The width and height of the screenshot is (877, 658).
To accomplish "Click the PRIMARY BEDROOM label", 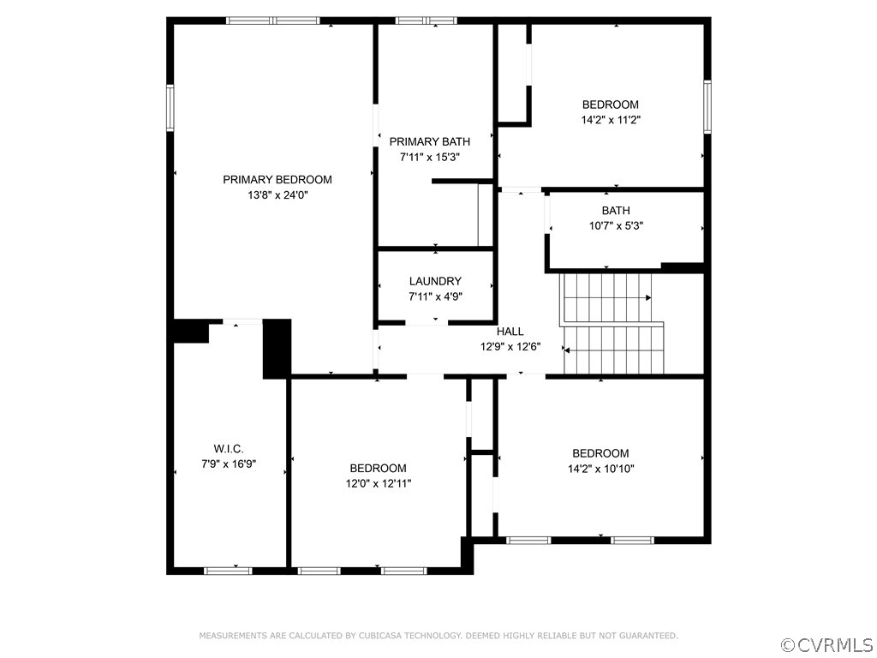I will (277, 180).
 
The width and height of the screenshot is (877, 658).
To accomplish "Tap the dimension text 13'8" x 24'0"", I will (277, 195).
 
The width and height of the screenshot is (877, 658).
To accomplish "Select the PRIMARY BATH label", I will (429, 141).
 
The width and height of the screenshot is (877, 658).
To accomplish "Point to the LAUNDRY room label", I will (435, 281).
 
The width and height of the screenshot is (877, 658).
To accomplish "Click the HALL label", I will (510, 332).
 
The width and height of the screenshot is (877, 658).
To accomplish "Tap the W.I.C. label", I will (228, 448).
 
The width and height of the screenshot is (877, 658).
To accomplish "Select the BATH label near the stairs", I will (615, 211).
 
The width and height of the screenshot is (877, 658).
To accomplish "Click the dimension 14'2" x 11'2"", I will (611, 121).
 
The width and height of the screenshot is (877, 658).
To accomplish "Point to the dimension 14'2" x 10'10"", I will (600, 469).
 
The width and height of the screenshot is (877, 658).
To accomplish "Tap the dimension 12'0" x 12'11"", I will (378, 483).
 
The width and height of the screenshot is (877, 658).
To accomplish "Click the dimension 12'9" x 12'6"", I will (510, 347).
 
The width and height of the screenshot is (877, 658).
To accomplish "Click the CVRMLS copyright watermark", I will (826, 644).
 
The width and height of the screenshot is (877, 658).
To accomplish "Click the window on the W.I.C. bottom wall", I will (227, 570).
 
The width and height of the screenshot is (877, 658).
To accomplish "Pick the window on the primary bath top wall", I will (426, 21).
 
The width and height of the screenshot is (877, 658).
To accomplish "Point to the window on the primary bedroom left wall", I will (170, 107).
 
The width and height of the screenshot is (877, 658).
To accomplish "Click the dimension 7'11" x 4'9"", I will (435, 296).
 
